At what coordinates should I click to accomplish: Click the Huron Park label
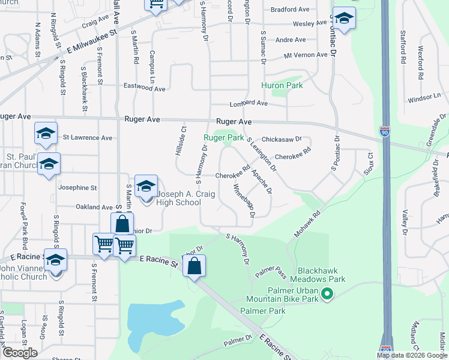tap(282, 85)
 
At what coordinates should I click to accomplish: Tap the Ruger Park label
tap(224, 137)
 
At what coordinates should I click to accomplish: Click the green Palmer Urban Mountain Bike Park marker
tap(327, 293)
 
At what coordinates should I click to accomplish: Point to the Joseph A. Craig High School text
tap(178, 198)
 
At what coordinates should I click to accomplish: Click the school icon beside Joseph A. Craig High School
tap(146, 187)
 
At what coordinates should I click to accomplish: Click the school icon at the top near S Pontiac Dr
tap(344, 19)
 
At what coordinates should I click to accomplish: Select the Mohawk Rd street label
tap(308, 221)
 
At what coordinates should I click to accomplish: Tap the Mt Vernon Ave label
tap(306, 55)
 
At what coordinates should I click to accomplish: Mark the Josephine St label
tap(77, 188)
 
